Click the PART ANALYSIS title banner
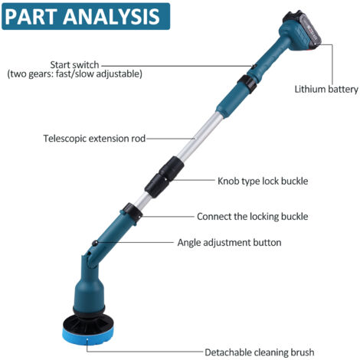[x=86, y=16]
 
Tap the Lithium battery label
[x=326, y=89]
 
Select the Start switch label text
[x=74, y=65]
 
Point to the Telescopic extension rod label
[x=94, y=139]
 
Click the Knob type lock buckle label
[x=263, y=181]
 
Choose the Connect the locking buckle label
[x=252, y=217]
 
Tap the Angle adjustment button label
[x=229, y=242]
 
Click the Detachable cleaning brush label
[x=260, y=352]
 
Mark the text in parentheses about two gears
[x=74, y=74]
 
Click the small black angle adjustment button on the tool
[x=95, y=243]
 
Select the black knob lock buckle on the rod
[x=164, y=177]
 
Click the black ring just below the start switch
[x=247, y=83]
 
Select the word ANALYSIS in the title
[x=111, y=16]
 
